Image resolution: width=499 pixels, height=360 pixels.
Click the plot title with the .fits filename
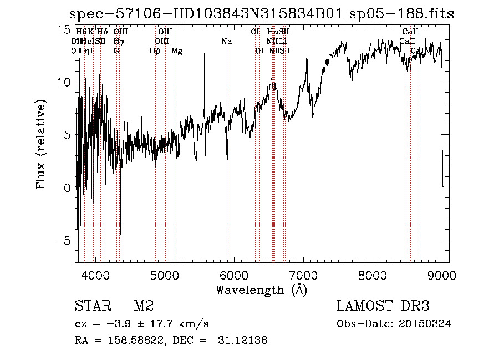coord(261,14)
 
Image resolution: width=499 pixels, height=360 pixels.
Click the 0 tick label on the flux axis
coord(68,188)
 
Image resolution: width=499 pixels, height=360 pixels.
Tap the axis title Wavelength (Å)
coord(261,290)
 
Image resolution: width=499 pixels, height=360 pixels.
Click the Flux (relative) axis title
coord(42,145)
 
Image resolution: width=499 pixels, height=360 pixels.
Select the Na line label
coord(226,42)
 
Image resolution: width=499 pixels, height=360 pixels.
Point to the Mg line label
coord(177,51)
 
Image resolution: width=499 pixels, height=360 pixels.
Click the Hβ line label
coord(155,51)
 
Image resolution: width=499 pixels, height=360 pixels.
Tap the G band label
coord(116,51)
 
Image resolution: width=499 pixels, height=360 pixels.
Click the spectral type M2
coord(144,306)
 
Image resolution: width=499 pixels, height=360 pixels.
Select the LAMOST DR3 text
coord(383,306)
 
